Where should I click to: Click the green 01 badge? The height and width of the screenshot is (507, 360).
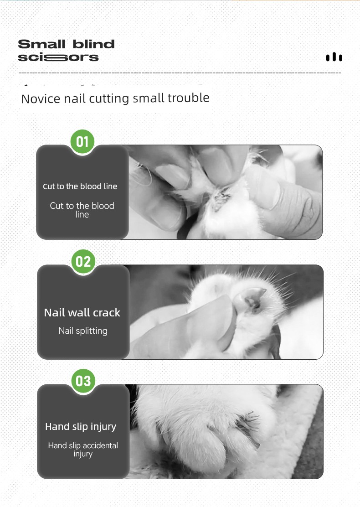pos(82,142)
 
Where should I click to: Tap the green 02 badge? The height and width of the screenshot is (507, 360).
pos(83,261)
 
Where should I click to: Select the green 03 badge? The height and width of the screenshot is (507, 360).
pos(83,381)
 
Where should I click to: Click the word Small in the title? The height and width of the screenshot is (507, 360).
pos(41,44)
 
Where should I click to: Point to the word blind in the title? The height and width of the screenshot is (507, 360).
pos(93,44)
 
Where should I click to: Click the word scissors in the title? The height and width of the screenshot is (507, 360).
pos(58,57)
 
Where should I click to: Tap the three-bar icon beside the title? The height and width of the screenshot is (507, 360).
pos(334,57)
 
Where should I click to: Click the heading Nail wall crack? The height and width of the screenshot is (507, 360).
pos(82,313)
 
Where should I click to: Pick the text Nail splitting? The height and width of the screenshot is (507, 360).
pos(83,331)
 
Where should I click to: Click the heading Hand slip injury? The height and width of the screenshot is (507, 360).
pos(81,427)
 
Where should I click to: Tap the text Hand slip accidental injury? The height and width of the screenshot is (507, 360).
pos(83,450)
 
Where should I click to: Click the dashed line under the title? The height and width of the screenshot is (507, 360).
pos(180,73)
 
